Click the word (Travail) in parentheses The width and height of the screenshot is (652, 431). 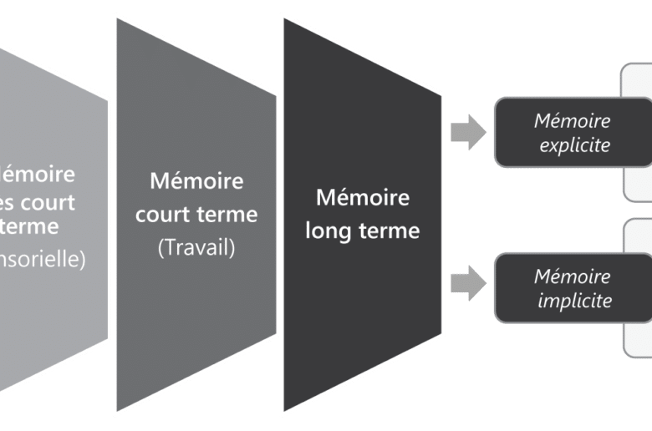pyautogui.click(x=196, y=248)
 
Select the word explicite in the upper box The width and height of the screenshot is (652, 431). pyautogui.click(x=574, y=145)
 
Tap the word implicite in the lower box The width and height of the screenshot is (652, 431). pyautogui.click(x=575, y=300)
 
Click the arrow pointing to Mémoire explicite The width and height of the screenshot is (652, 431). pyautogui.click(x=468, y=134)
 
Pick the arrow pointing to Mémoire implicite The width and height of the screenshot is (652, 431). pyautogui.click(x=468, y=281)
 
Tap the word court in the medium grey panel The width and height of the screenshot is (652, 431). pyautogui.click(x=163, y=214)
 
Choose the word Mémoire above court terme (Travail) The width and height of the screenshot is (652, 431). pyautogui.click(x=196, y=180)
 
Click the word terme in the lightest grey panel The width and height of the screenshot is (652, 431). pyautogui.click(x=31, y=226)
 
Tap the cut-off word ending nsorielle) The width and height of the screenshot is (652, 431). pyautogui.click(x=42, y=259)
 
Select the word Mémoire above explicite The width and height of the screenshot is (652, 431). pyautogui.click(x=573, y=121)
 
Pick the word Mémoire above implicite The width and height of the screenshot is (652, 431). pyautogui.click(x=573, y=276)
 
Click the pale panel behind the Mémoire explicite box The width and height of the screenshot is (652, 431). pyautogui.click(x=638, y=92)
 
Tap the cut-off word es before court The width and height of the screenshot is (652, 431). pyautogui.click(x=10, y=201)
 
